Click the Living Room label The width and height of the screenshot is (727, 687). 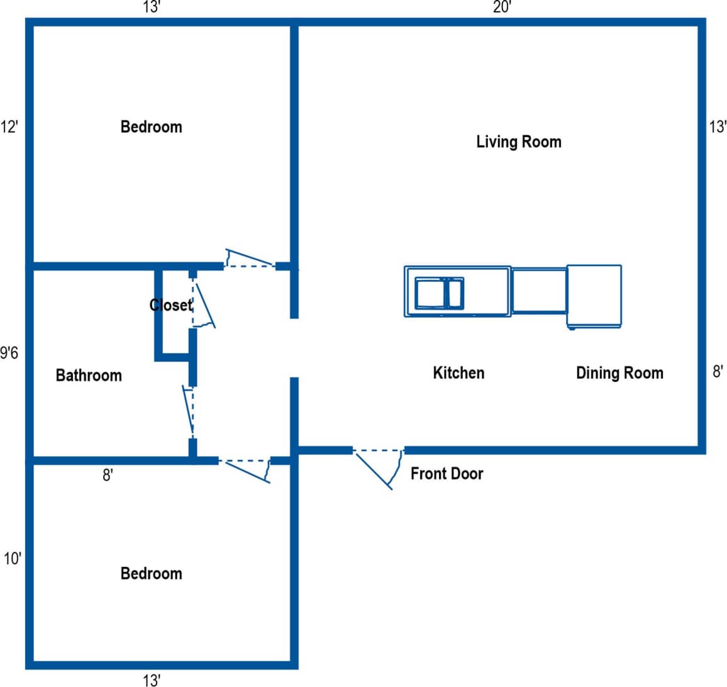pos(518,142)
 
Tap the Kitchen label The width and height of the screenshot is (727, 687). pos(458,373)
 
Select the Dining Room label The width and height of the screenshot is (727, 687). pos(619,373)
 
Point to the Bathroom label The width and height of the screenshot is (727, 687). pos(89,376)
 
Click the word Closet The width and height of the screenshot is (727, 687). pos(170,305)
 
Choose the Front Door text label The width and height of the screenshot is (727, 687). pos(447,473)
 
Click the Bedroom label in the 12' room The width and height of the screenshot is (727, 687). pos(151,127)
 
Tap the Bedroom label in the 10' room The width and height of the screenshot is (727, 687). pos(151,574)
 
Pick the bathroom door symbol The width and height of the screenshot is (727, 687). pos(189,413)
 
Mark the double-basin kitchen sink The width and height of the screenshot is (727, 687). pos(440,293)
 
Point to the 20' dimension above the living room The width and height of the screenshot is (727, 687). pos(502,8)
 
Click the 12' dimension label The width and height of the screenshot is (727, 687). pos(9,126)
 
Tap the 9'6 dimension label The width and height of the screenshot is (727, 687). pos(9,354)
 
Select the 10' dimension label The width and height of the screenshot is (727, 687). pos(12,559)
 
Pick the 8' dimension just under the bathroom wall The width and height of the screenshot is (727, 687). pos(108,475)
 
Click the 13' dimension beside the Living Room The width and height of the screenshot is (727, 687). pos(718,127)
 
